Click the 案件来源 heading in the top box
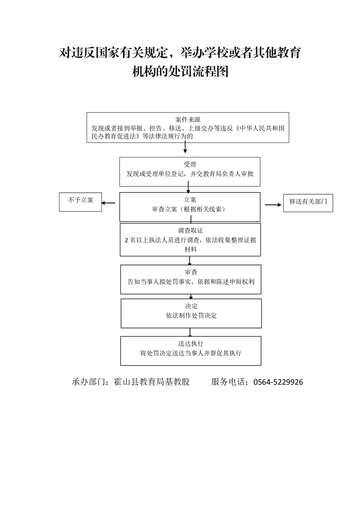click(x=188, y=120)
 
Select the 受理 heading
click(x=190, y=165)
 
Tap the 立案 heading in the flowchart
click(x=190, y=200)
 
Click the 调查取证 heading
click(x=190, y=231)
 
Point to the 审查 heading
click(x=191, y=272)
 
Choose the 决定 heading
click(x=191, y=306)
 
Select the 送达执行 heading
click(x=191, y=344)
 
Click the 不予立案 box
click(x=80, y=202)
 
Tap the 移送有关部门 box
click(x=308, y=203)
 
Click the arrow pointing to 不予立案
click(x=108, y=203)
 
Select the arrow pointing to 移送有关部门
click(x=273, y=205)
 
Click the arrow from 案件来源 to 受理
click(x=185, y=148)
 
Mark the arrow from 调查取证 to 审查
click(x=190, y=261)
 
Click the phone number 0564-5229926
click(x=278, y=382)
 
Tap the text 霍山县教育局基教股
click(x=152, y=382)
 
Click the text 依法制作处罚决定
click(x=191, y=316)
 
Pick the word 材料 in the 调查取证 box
click(x=191, y=250)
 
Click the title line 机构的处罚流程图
click(x=180, y=71)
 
